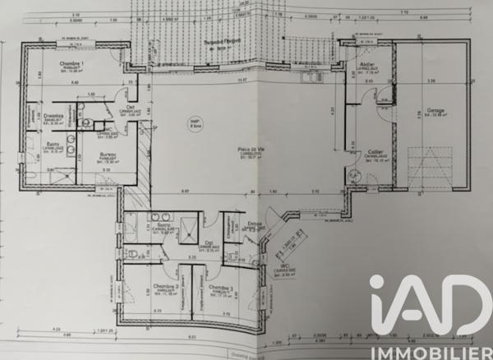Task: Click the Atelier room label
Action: click(x=366, y=65)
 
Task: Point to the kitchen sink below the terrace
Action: click(x=310, y=78)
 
